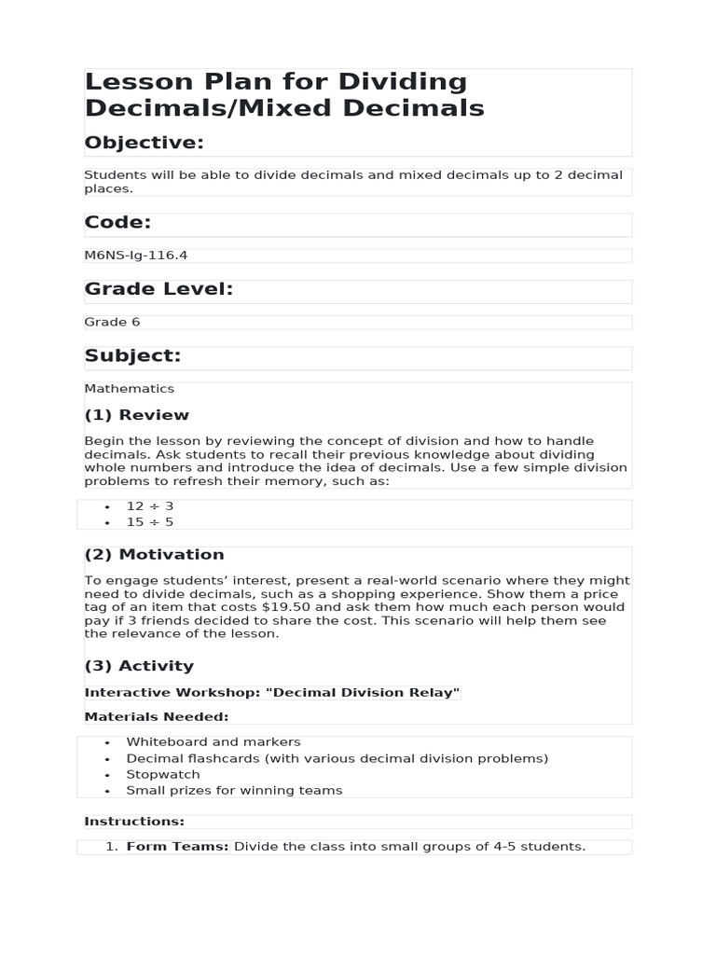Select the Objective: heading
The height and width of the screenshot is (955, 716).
click(144, 142)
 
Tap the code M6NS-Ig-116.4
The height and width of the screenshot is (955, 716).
click(129, 255)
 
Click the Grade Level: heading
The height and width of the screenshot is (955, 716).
click(158, 289)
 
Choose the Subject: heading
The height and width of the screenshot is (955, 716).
click(132, 356)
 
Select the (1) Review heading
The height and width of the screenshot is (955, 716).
click(136, 415)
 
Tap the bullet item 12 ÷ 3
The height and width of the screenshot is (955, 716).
click(149, 506)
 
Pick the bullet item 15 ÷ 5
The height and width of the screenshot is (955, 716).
click(149, 522)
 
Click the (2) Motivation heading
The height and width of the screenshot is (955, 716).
click(154, 555)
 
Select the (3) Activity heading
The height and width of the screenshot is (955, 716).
click(139, 666)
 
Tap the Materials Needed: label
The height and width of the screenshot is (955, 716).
click(156, 717)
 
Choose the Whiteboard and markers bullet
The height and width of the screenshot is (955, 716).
click(213, 742)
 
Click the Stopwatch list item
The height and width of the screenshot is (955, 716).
click(163, 774)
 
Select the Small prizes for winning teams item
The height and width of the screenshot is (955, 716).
click(234, 790)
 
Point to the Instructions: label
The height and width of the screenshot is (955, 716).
click(134, 822)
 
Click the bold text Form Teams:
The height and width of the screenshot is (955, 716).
click(177, 847)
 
